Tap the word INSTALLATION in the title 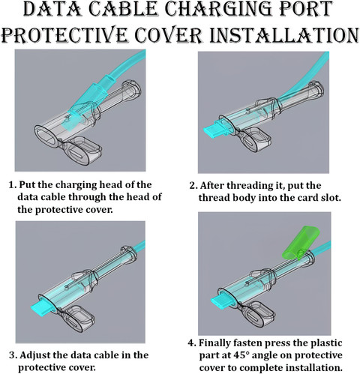[x=283, y=35]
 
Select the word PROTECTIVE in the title [x=64, y=35]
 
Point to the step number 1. [x=12, y=185]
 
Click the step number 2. [x=193, y=186]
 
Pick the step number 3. [x=13, y=355]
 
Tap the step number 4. [x=192, y=343]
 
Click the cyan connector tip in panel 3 [x=40, y=309]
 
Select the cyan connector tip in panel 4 [x=222, y=301]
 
